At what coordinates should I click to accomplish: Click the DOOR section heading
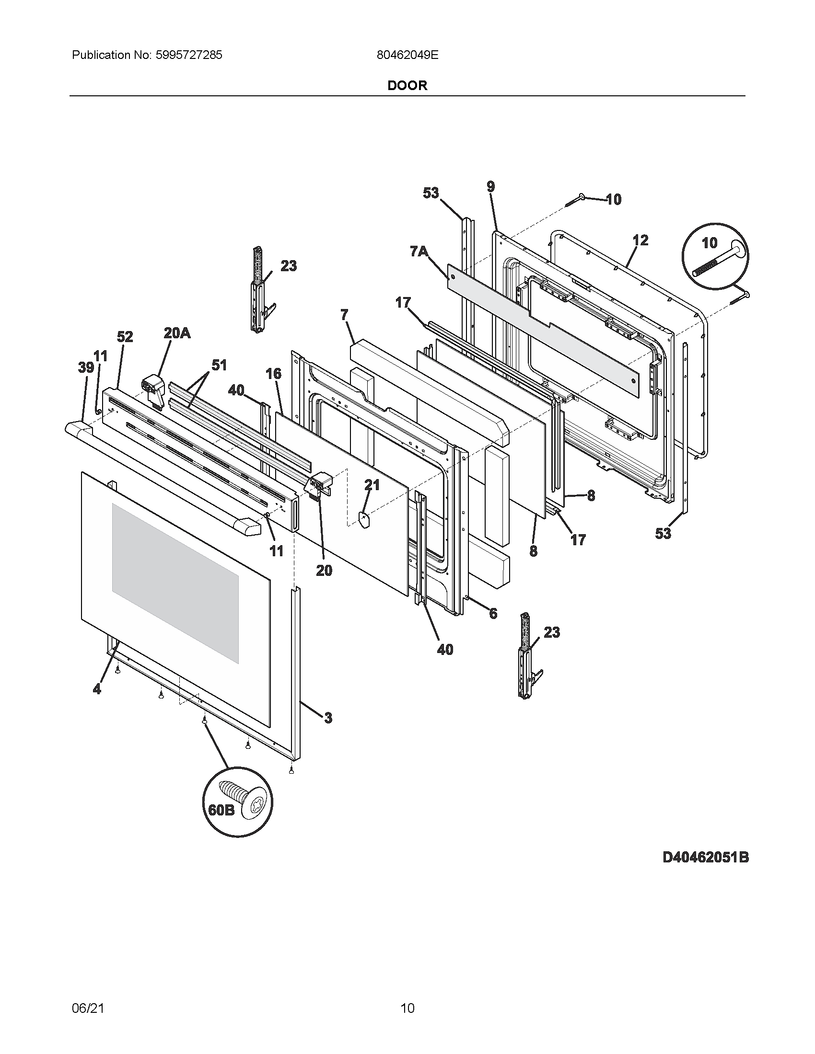pos(407,85)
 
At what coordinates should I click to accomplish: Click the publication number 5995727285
pos(189,55)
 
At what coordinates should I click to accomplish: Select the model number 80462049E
pos(407,55)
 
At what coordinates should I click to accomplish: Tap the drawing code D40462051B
pos(705,858)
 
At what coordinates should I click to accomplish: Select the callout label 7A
pos(419,252)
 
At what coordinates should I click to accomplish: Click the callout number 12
pos(640,240)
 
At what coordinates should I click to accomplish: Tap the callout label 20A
pos(176,332)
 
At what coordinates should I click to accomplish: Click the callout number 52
pos(125,336)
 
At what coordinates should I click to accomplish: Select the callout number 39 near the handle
pos(86,368)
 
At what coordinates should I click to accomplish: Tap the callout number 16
pos(273,373)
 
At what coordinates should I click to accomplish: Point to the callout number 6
pos(493,613)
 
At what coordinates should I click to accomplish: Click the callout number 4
pos(97,689)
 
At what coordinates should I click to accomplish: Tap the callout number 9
pos(490,187)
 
